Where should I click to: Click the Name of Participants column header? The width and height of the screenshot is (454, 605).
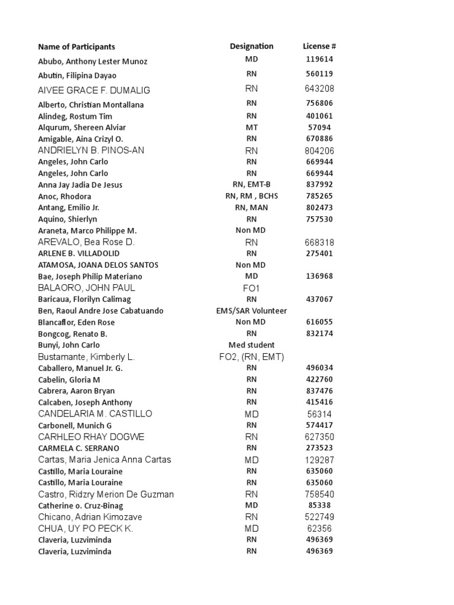coord(76,47)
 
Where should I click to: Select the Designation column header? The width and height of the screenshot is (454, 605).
coord(251,46)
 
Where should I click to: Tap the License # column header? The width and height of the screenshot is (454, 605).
coord(319,46)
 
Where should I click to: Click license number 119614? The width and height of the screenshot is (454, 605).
coord(319,60)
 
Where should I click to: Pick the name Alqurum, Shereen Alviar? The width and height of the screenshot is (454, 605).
coord(82,128)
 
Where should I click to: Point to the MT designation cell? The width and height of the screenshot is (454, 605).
coord(251,127)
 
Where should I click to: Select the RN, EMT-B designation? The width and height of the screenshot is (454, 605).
coord(251,185)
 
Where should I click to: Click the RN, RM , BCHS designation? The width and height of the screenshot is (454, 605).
coord(251,196)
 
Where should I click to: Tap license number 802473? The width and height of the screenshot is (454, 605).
coord(319,207)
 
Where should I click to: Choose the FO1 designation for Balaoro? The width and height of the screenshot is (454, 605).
coord(251,288)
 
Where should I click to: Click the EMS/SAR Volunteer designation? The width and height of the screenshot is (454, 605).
coord(251,311)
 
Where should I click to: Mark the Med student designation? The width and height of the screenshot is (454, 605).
coord(251,345)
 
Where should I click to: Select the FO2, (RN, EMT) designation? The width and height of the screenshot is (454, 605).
coord(251,357)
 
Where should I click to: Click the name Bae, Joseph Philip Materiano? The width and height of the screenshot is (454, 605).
coord(90,277)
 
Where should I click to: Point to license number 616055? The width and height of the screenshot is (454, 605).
coord(319,322)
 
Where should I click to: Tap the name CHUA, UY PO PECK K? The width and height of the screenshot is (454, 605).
coord(86,529)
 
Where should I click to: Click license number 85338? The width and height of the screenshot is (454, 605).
coord(319,506)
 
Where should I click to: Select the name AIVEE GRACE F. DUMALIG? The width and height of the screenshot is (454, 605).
coord(94,90)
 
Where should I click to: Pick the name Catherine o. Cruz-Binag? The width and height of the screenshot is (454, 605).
coord(80,506)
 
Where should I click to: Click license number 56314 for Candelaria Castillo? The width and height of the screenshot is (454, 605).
coord(319,414)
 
